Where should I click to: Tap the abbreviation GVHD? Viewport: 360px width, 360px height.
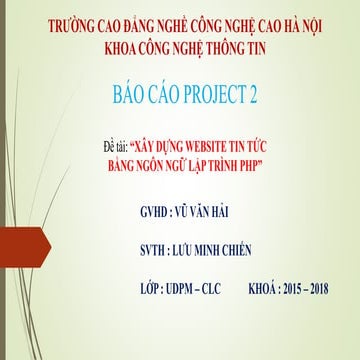point(160,213)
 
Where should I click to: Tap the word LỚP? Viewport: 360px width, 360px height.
point(154,288)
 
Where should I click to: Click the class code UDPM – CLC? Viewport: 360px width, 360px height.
point(206,288)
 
